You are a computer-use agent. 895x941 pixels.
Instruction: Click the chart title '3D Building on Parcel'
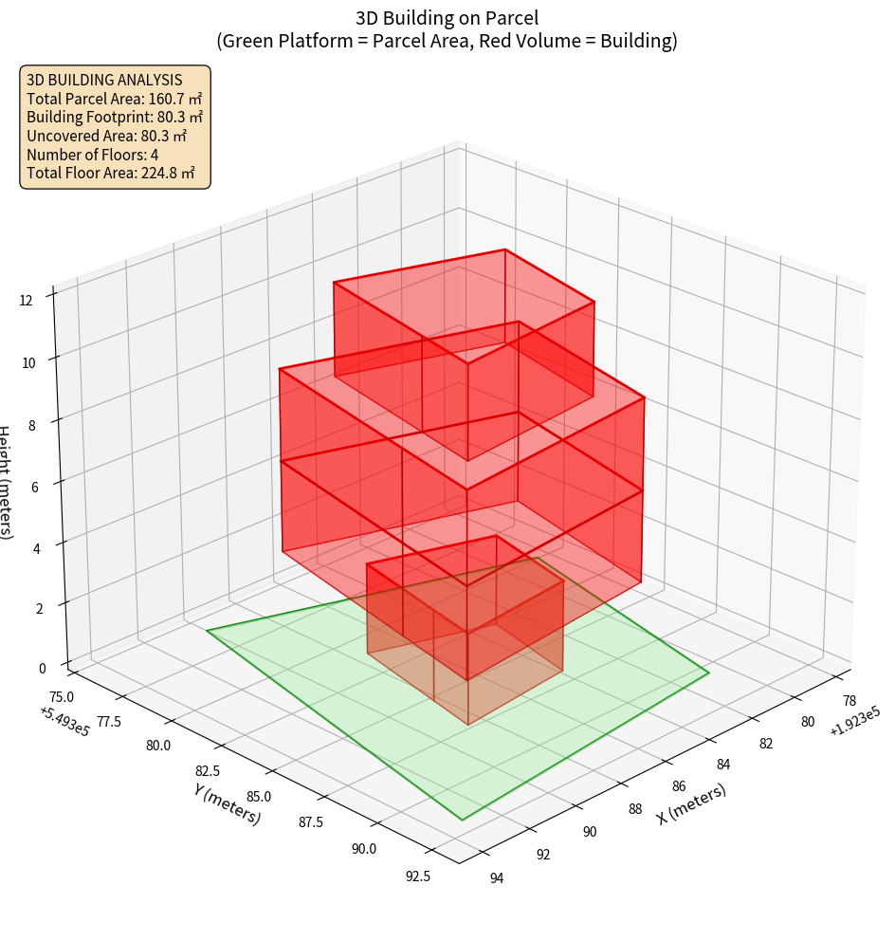[x=447, y=18]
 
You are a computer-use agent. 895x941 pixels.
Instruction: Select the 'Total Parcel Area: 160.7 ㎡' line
[x=114, y=98]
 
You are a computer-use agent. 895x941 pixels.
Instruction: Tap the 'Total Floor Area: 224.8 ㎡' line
[x=110, y=174]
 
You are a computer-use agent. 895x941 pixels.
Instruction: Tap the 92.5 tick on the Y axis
[x=417, y=876]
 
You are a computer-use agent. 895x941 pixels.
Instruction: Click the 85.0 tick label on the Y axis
[x=258, y=796]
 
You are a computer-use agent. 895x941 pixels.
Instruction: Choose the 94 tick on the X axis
[x=496, y=878]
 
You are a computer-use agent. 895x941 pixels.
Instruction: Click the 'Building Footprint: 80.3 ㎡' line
[x=115, y=117]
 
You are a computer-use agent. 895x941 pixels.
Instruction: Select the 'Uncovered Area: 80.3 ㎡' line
[x=107, y=136]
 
